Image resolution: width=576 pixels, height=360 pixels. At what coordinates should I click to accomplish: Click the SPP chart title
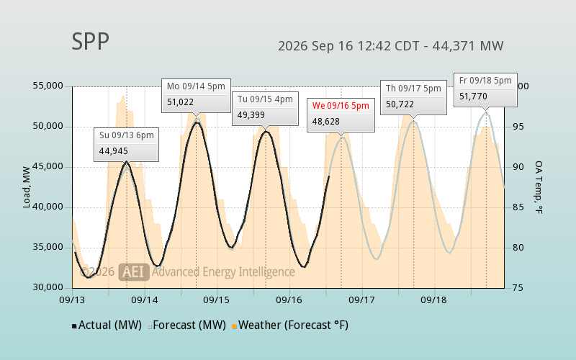[91, 41]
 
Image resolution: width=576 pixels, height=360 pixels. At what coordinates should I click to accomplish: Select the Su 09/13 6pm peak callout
[127, 145]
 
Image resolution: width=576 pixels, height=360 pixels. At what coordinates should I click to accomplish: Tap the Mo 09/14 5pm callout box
[196, 96]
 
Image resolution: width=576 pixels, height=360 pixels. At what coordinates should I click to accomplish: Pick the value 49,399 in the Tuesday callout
[251, 115]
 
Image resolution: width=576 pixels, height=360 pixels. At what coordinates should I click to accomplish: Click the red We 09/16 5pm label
[341, 106]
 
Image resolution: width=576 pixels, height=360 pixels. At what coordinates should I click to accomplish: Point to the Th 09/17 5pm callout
[413, 98]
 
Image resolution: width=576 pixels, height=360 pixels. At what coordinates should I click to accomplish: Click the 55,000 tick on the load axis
[48, 86]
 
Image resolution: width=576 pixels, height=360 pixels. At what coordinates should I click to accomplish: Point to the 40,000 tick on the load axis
[48, 207]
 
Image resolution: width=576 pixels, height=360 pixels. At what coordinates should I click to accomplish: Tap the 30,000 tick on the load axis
[48, 287]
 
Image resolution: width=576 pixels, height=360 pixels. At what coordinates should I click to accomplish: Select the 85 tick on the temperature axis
[518, 207]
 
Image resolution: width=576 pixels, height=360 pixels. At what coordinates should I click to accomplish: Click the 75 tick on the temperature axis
[518, 287]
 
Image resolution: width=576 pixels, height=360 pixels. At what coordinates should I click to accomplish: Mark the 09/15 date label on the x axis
[217, 300]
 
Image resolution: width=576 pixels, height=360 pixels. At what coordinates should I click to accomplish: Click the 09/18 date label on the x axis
[433, 300]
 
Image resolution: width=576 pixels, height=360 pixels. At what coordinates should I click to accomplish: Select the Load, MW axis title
[27, 187]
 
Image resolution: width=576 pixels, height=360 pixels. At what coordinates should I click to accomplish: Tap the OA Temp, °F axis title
[539, 187]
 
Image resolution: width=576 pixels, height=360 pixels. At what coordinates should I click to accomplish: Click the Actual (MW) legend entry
[107, 325]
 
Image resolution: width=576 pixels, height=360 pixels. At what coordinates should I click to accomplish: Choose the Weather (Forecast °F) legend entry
[290, 325]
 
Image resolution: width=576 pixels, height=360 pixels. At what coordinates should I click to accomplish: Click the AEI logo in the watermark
[134, 272]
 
